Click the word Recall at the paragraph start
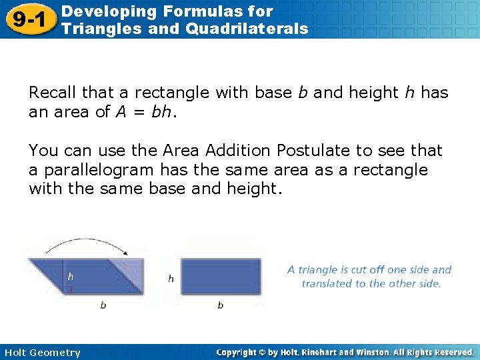pos(53,93)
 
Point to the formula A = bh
pos(144,111)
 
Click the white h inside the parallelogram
pos(71,276)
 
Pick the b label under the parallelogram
pos(103,305)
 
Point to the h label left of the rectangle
pos(171,278)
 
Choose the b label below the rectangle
pos(220,305)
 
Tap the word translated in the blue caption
pos(326,283)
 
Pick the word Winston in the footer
pos(379,352)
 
